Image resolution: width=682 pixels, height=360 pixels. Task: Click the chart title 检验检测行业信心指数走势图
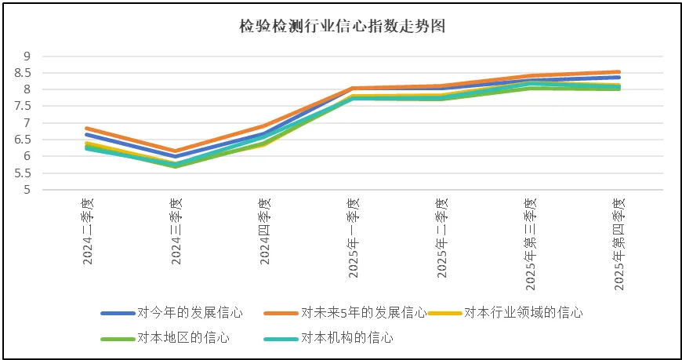point(343,26)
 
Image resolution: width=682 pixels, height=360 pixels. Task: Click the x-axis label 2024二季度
point(89,231)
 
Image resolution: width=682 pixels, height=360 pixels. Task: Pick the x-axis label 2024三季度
point(176,231)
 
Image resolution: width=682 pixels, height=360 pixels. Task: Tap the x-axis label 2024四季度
point(265,231)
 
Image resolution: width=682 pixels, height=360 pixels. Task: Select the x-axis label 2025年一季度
point(353,236)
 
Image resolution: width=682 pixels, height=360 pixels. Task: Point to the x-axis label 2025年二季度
point(441,236)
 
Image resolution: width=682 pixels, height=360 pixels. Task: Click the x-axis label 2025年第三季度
point(530,242)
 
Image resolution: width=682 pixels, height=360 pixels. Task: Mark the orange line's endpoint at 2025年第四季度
point(618,72)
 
